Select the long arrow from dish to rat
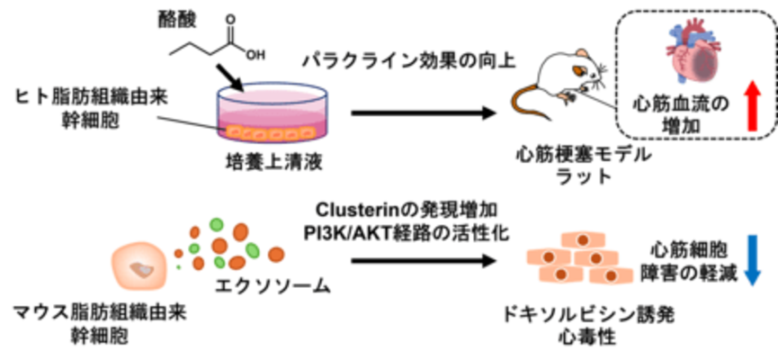pos(423,113)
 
